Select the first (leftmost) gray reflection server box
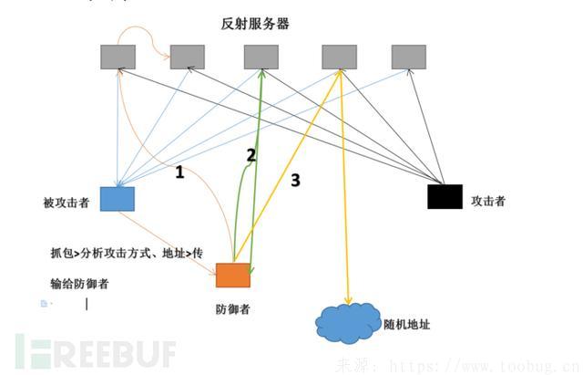tap(118, 57)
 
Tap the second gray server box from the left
tap(188, 57)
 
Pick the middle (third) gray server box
tap(261, 57)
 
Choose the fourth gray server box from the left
tap(339, 57)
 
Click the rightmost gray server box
tap(409, 57)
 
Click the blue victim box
tap(117, 199)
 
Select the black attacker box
tap(445, 196)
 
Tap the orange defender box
tap(232, 275)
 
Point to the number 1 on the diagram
tap(180, 172)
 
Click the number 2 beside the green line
tap(251, 155)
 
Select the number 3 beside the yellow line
tap(295, 181)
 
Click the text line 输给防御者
tap(80, 284)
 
